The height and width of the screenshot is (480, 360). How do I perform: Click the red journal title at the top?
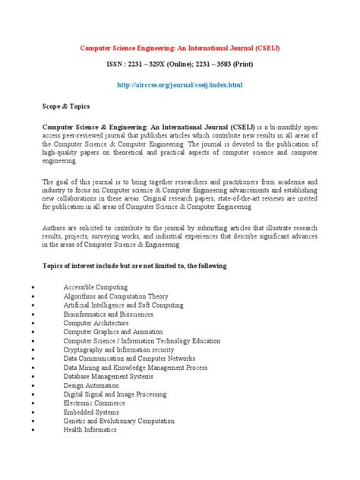click(x=179, y=48)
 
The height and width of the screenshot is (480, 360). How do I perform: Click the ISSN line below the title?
click(x=179, y=67)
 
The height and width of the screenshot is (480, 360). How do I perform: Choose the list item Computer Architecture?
click(x=97, y=322)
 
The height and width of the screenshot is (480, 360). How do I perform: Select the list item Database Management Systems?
click(x=109, y=376)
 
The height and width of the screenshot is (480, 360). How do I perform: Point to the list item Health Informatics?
click(x=90, y=430)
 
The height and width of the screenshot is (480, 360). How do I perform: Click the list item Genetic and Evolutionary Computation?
click(x=119, y=421)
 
